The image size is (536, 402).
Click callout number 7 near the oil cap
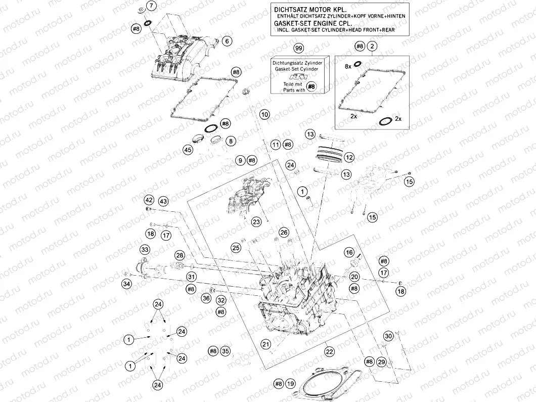pos(152,7)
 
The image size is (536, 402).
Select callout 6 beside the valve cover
pos(227,41)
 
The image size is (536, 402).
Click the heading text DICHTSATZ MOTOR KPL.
pos(302,10)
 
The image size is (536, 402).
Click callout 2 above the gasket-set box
pos(372,47)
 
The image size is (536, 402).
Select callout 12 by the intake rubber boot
pos(349,157)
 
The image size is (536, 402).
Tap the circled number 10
pos(264,115)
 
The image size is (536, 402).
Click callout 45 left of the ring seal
pos(188,150)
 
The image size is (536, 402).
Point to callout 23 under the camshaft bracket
pos(256,222)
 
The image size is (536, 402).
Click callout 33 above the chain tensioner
pos(145,250)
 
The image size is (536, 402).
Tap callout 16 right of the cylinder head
pos(349,252)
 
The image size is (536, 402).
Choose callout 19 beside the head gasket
pos(290,384)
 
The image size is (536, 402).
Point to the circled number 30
pos(388,337)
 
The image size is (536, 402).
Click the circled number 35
pos(226,351)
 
